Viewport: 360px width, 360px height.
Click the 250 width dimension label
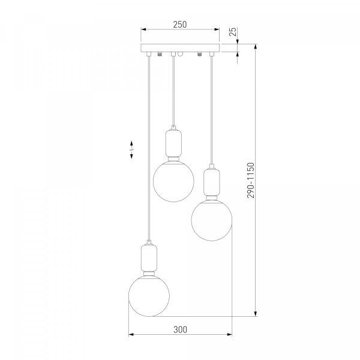(x=180, y=25)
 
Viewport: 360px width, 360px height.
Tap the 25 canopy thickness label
(x=233, y=32)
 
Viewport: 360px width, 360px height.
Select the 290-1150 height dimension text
(x=251, y=180)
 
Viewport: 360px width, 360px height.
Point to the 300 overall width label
(x=180, y=329)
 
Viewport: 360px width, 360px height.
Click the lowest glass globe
(x=149, y=296)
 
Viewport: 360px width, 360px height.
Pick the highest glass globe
(x=173, y=181)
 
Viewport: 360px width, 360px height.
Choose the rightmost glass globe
(x=212, y=220)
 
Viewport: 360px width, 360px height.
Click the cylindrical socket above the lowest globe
(x=149, y=257)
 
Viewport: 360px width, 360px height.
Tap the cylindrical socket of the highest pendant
(x=173, y=143)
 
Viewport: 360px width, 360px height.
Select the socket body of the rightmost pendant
(x=212, y=182)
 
